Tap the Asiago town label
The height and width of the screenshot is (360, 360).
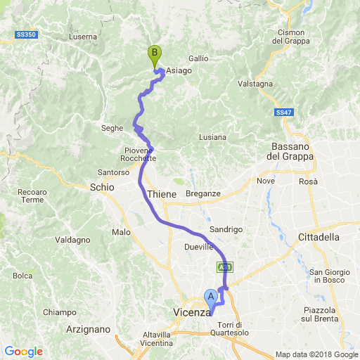click(179, 70)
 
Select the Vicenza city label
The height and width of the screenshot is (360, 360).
click(192, 312)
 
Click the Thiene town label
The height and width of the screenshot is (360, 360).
click(162, 193)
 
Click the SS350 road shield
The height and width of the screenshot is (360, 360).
click(25, 34)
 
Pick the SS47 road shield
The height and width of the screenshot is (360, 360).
click(283, 112)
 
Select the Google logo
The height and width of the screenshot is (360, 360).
click(23, 352)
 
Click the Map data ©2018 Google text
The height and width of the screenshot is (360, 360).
click(316, 354)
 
